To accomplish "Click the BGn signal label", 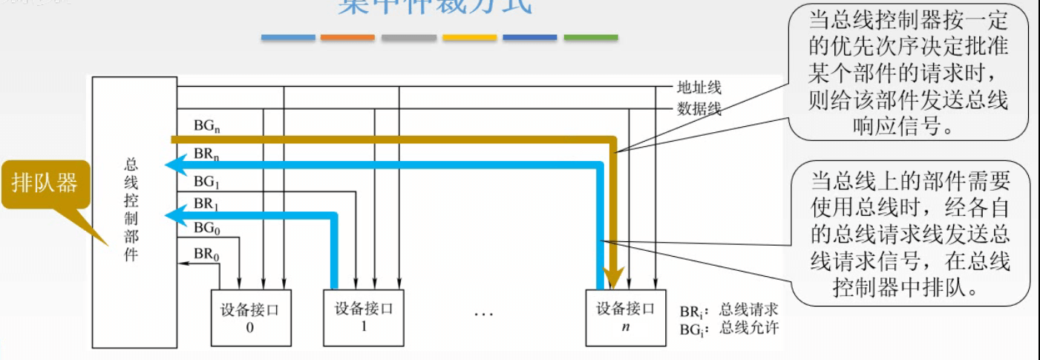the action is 206,126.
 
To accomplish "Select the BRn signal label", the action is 206,154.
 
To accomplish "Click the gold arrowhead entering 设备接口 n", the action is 612,280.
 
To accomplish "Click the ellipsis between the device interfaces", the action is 483,315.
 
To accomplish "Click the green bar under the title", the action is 590,37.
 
